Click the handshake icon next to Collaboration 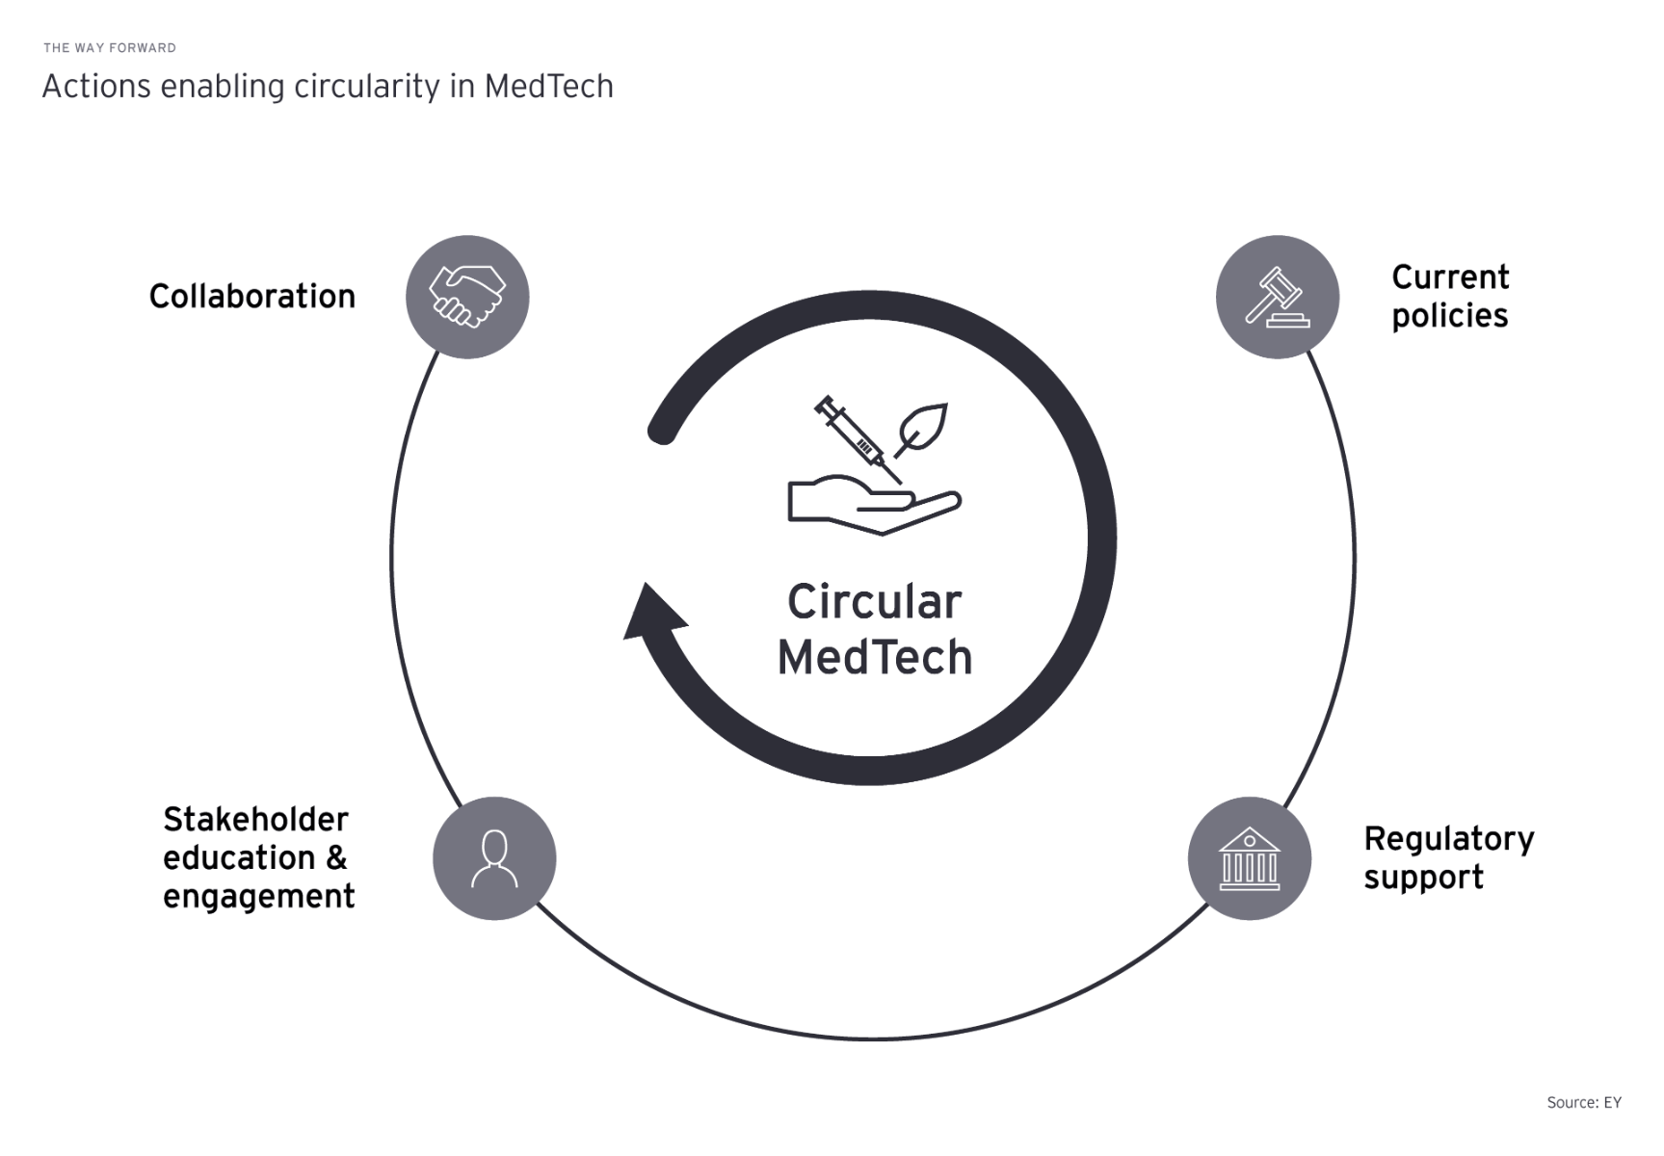coord(467,297)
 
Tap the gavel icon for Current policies coord(1277,297)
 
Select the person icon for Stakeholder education coord(494,858)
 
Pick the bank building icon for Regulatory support coord(1249,858)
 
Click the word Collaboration coord(252,297)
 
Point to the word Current coord(1450,277)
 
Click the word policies coord(1449,317)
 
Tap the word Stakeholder coord(255,820)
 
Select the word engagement coord(258,898)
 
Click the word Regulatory coord(1448,839)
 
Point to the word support coord(1423,879)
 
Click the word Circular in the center coord(874,603)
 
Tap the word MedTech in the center coord(874,658)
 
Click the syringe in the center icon coord(857,437)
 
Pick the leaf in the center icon coord(923,428)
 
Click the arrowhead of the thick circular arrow coord(652,612)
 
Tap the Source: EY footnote coord(1583,1103)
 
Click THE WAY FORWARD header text coord(110,48)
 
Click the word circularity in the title coord(367,87)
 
